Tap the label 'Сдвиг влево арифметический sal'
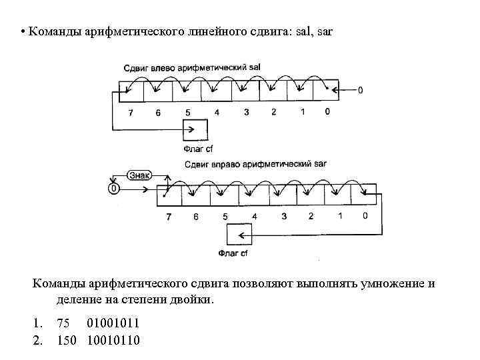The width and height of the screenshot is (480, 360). pos(192,68)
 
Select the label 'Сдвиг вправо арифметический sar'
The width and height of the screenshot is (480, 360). pos(255,163)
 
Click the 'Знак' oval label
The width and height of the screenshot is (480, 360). pos(139,175)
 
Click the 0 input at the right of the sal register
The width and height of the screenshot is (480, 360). pos(361,90)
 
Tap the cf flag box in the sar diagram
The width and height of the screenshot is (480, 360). pos(239,235)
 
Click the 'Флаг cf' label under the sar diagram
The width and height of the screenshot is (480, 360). pos(233,253)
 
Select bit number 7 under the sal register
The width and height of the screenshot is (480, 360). pos(131,113)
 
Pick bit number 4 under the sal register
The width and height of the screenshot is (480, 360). pos(217,113)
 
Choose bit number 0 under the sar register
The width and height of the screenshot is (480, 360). pos(365,216)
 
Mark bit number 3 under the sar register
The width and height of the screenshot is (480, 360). pos(283,216)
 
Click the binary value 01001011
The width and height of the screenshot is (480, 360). pos(113,323)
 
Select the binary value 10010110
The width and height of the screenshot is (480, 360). pos(113,340)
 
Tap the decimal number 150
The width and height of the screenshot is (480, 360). pos(67,340)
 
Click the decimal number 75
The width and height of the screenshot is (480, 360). pos(63,323)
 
